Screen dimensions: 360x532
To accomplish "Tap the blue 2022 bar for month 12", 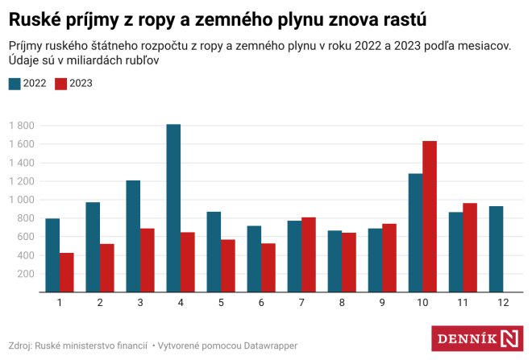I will [496, 249].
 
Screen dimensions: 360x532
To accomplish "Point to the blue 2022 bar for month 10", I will [415, 233].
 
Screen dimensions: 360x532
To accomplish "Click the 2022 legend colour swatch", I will [15, 83].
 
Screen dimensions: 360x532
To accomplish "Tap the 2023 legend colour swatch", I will [61, 83].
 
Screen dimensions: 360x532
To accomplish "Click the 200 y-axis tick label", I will [27, 275].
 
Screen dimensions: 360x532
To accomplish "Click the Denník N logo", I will [477, 337].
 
